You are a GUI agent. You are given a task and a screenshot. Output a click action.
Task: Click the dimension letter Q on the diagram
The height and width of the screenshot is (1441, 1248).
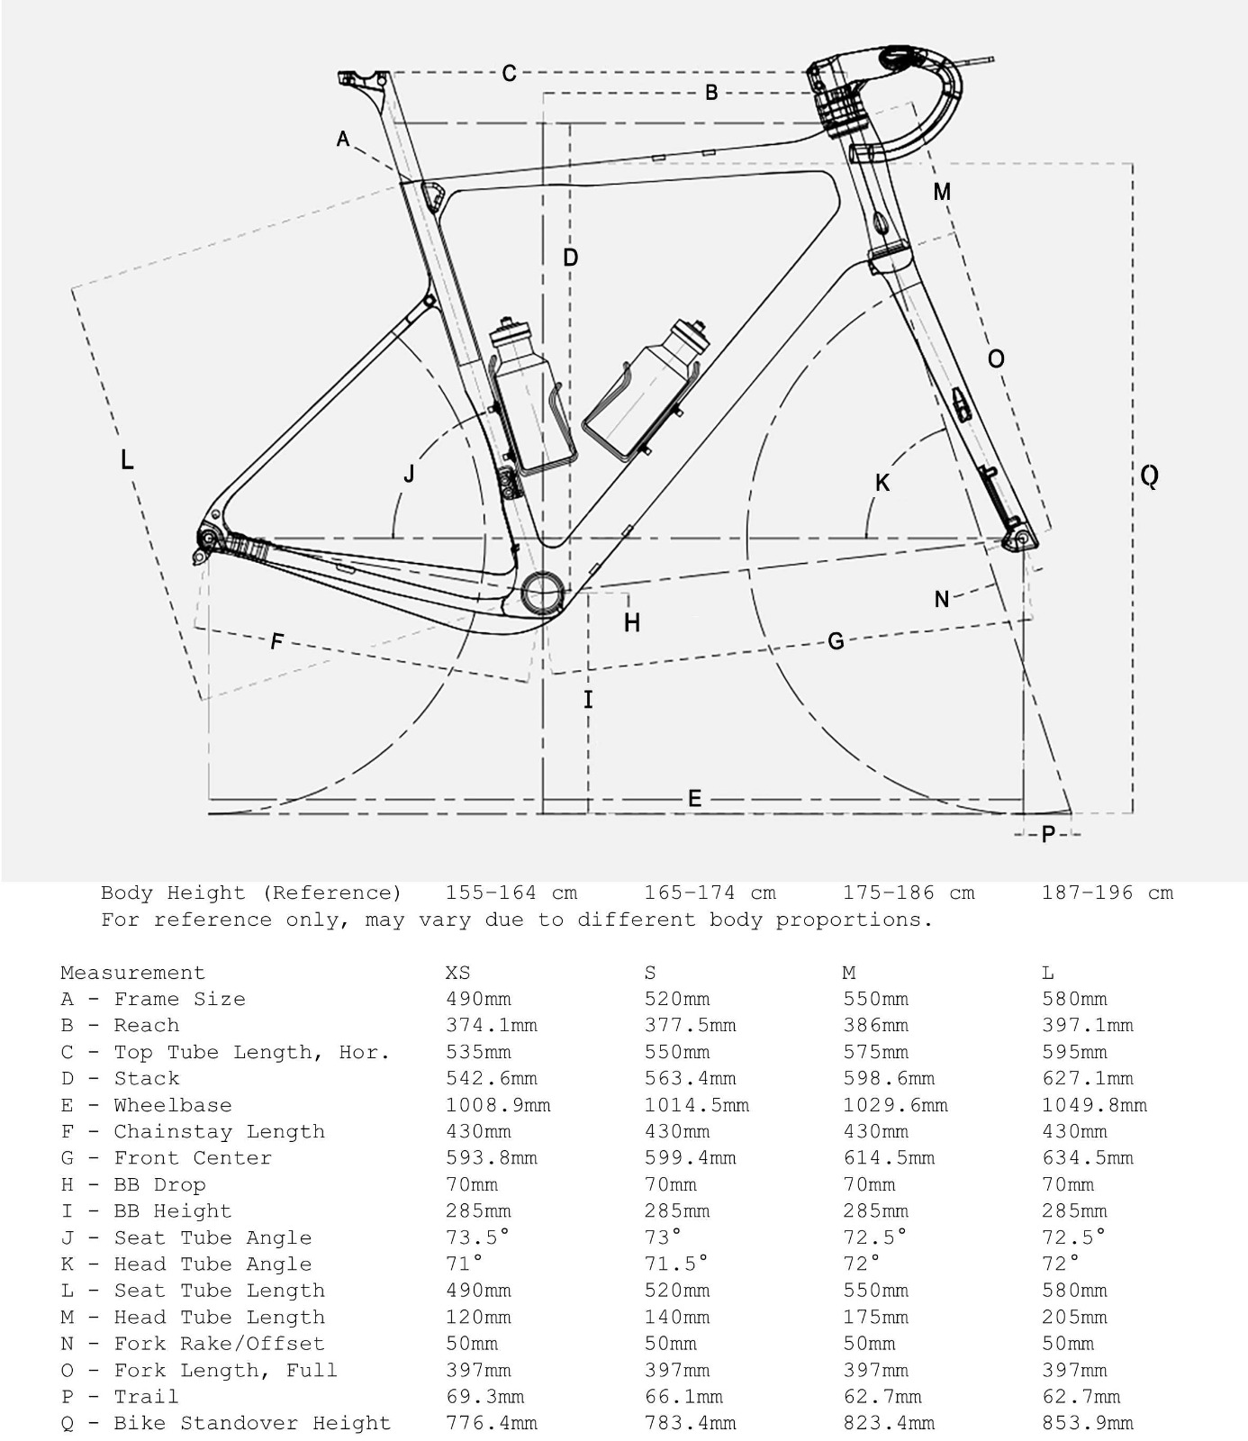click(x=1149, y=475)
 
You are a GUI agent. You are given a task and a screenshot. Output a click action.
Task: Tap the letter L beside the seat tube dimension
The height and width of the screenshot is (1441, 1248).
click(x=127, y=459)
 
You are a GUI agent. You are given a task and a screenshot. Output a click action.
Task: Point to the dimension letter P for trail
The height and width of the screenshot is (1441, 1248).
click(x=1048, y=835)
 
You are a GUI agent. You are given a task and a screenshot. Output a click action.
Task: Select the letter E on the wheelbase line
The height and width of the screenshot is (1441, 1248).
click(x=694, y=798)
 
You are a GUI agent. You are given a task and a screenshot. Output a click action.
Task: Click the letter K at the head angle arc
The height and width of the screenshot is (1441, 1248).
click(x=882, y=483)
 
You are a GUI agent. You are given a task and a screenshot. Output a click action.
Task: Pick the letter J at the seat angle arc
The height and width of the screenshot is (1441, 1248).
click(x=409, y=474)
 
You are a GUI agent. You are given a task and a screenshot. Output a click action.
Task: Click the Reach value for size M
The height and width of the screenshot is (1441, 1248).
click(x=875, y=1025)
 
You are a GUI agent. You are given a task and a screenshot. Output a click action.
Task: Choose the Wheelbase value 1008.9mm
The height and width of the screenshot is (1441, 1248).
click(x=498, y=1105)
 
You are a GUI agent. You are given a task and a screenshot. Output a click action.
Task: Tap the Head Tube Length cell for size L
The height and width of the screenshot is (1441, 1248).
click(x=1074, y=1317)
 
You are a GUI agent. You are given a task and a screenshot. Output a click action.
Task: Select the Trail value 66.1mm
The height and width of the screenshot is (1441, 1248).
click(x=683, y=1397)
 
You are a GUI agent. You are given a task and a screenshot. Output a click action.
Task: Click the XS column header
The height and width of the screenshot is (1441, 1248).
click(x=457, y=973)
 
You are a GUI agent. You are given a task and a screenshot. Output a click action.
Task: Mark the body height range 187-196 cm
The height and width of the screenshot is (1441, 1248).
click(x=1108, y=893)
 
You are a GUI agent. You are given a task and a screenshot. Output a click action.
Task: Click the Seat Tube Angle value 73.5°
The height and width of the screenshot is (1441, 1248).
click(x=478, y=1237)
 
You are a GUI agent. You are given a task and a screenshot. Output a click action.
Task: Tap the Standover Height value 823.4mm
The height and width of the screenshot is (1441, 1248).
click(x=889, y=1423)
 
